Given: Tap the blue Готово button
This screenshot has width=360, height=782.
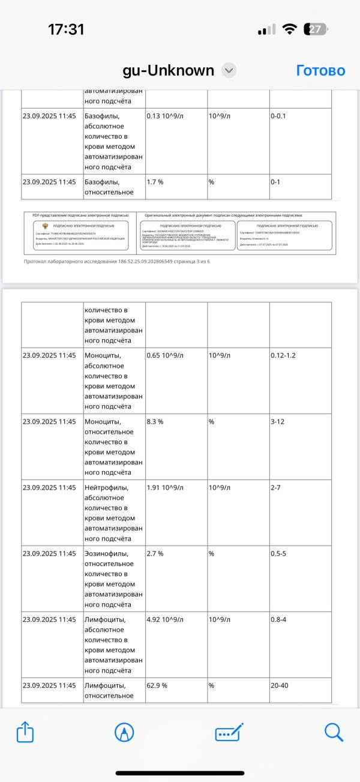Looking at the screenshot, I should (x=320, y=70).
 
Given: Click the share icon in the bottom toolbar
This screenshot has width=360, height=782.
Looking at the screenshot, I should (x=25, y=732).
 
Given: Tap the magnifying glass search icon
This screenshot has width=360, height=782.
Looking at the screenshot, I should (x=334, y=732).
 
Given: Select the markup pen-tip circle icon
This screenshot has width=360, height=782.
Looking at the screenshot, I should (x=124, y=732).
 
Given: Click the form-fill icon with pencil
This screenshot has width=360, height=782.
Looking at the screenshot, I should (x=229, y=732).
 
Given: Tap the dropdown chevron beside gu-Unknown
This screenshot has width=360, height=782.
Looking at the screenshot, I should (x=229, y=70).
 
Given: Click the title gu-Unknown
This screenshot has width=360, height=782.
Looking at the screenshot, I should (x=168, y=70).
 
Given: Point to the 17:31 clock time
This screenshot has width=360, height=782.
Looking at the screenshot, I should (x=66, y=29).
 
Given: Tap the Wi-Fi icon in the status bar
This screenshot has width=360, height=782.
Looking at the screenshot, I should (x=290, y=29).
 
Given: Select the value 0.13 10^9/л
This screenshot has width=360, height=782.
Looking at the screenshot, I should (x=165, y=116).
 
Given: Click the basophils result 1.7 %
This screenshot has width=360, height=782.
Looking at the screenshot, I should (x=155, y=182).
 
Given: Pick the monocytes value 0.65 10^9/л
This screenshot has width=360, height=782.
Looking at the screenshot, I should (x=165, y=356).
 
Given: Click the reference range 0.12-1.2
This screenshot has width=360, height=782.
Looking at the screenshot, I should (x=283, y=356).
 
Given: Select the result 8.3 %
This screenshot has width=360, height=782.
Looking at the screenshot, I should (x=155, y=422).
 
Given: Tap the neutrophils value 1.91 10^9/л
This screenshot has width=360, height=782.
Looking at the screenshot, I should (x=165, y=488).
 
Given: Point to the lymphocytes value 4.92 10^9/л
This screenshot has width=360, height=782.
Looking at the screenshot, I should (x=165, y=620).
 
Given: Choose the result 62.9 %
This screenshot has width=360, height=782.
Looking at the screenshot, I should (x=157, y=686).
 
